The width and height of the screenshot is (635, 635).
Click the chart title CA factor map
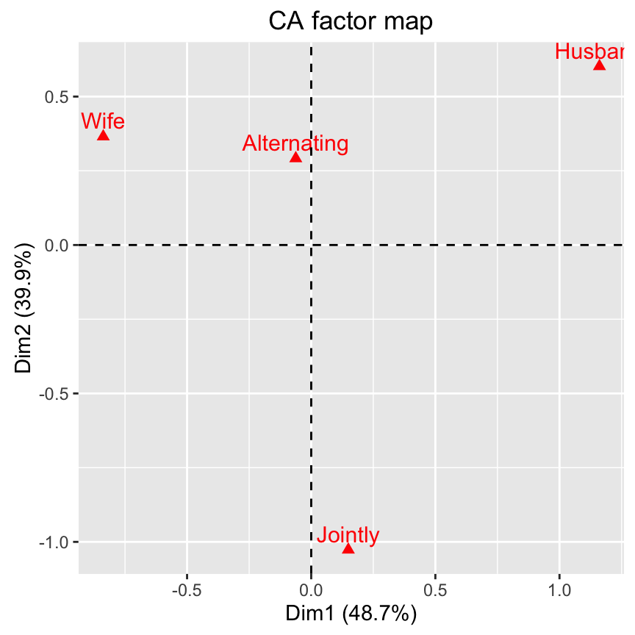tap(351, 21)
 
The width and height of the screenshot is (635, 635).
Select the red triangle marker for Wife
tap(103, 135)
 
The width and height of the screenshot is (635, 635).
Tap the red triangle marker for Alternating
tap(295, 157)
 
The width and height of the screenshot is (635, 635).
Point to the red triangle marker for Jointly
tap(348, 549)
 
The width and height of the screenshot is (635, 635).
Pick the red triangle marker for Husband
tap(599, 65)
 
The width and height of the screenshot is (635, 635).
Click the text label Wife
tap(103, 121)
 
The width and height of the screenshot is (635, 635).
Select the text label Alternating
tap(295, 143)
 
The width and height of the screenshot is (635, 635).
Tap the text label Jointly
tap(348, 536)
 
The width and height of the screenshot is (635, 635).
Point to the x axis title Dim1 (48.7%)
tap(351, 614)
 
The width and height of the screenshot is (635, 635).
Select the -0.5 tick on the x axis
tap(187, 590)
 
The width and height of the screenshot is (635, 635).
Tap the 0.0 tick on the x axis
tap(311, 590)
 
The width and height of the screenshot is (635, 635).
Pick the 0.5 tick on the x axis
tap(435, 590)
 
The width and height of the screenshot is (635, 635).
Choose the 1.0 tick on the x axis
tap(559, 590)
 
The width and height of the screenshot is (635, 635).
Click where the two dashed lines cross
tap(311, 245)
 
